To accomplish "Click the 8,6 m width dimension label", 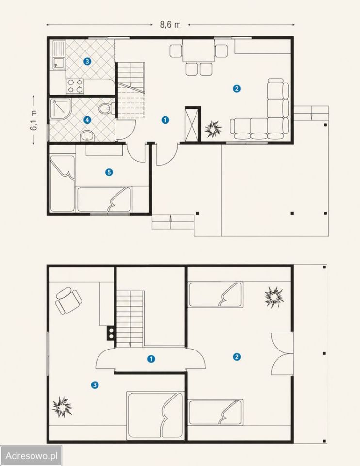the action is pos(170,24).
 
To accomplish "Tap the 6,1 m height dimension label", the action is pos(33,120).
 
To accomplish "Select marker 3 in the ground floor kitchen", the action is pos(87,62).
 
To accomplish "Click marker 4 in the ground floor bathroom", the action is pos(87,120).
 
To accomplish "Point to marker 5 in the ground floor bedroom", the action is pos(109,172).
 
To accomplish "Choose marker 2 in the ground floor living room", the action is pos(237,88).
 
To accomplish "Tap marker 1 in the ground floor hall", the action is pos(165,120).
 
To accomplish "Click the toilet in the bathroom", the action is pos(106,108).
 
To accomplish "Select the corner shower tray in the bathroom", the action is pos(61,109).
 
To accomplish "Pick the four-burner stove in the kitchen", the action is pos(75,86).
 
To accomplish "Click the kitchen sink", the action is pos(59,55).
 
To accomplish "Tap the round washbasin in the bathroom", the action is pos(87,136).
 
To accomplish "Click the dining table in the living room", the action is pos(198,51).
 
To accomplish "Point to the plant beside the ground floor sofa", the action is pos(213,129).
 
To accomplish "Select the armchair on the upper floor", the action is pos(68,300).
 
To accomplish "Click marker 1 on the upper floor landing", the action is pos(151,359).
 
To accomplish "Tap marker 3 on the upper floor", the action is pos(95,385).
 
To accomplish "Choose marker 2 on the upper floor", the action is pos(237,357).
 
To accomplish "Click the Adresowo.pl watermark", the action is pos(31,455).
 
